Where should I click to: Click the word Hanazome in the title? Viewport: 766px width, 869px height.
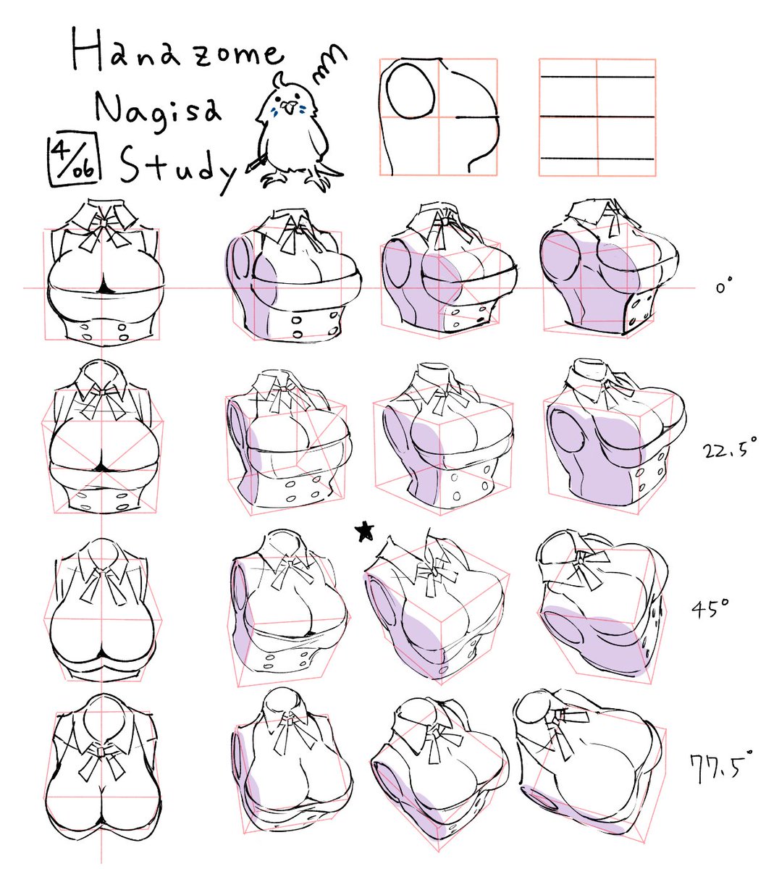tap(178, 51)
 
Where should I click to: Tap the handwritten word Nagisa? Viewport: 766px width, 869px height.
tap(158, 112)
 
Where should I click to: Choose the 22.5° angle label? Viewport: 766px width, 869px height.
tap(728, 450)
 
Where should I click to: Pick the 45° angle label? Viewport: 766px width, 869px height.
tap(710, 608)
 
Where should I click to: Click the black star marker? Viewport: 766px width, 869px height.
tap(365, 532)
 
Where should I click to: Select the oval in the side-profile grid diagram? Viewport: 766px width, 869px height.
tap(411, 91)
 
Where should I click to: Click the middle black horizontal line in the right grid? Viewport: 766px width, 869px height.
tap(598, 117)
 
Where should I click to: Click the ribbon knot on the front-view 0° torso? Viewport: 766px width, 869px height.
tap(104, 222)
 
